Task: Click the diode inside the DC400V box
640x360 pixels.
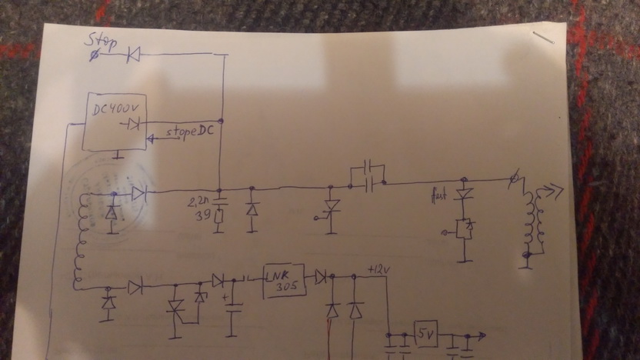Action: point(133,123)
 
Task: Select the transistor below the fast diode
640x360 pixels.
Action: point(464,228)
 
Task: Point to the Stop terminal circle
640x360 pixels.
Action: point(94,55)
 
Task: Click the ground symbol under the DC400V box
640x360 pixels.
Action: point(118,156)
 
